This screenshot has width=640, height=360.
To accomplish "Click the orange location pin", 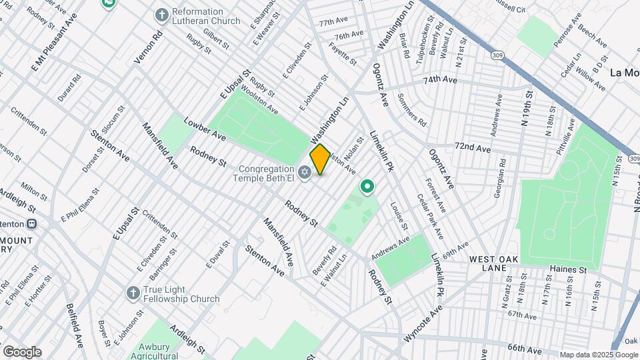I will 320,159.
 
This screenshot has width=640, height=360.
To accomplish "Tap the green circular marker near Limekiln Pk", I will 367,187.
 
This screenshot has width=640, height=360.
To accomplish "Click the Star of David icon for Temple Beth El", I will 305,173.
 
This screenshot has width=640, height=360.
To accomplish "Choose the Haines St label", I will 567,270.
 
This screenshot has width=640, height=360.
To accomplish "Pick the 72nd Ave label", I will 473,147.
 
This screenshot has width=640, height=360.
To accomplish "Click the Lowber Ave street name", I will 205,129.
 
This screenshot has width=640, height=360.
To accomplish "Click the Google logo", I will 22,352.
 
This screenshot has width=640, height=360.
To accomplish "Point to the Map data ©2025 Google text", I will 599,355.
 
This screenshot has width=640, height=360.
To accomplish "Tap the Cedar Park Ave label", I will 430,217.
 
